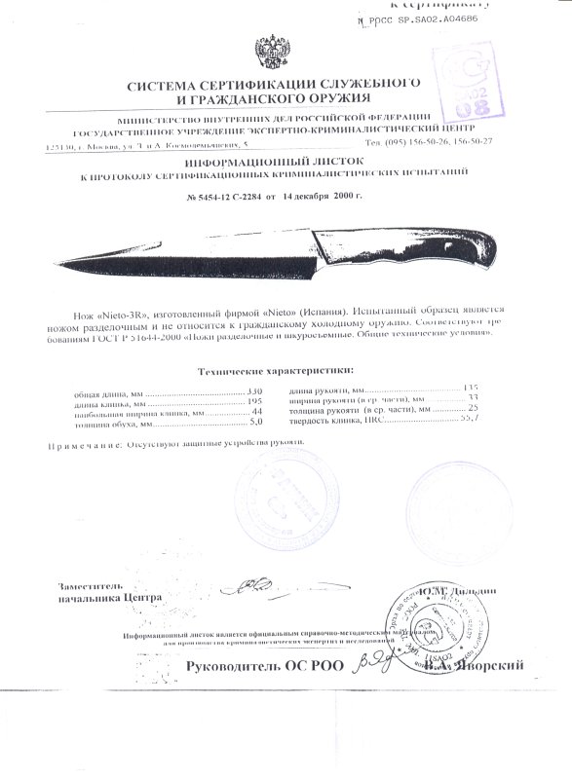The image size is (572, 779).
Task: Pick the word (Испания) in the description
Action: [x=327, y=306]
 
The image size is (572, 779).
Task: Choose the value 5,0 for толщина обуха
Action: [x=257, y=425]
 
